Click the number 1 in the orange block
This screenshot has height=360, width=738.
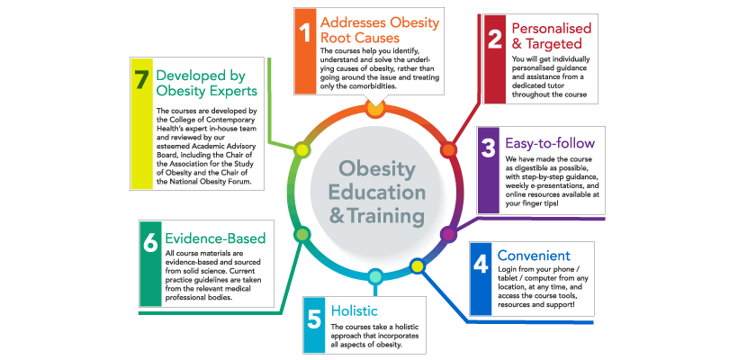pos(306,33)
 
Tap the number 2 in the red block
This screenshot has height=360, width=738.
pos(495,39)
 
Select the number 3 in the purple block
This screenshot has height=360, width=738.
pos(489,148)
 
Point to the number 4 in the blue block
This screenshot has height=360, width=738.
pos(481,264)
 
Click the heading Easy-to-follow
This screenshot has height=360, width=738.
pos(550,142)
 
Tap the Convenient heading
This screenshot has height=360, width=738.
pos(534,255)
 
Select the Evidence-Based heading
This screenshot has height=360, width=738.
pos(215,238)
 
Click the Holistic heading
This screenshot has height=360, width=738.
pos(355,310)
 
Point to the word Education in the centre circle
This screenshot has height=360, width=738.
pos(376,192)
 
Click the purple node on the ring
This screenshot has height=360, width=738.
pos(448,234)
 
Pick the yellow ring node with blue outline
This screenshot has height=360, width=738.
pos(417,266)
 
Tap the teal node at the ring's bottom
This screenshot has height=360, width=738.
pos(374,276)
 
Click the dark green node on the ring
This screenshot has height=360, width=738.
pos(301,234)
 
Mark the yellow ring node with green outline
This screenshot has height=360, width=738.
pos(301,150)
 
